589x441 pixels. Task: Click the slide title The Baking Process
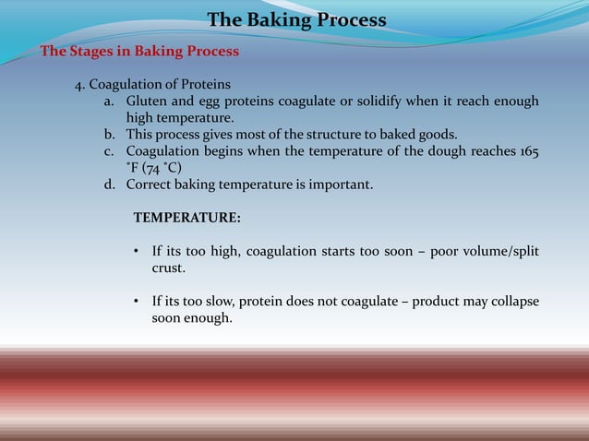click(296, 19)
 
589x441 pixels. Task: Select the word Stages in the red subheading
click(93, 51)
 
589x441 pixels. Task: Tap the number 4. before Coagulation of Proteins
click(80, 84)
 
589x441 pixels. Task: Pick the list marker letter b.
click(108, 134)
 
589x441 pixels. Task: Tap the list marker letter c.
click(108, 150)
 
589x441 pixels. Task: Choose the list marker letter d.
click(108, 185)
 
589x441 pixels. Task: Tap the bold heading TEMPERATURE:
click(187, 219)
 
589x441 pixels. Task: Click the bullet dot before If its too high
click(137, 252)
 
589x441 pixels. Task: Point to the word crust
click(169, 268)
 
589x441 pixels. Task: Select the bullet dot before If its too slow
click(137, 303)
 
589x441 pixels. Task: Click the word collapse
click(512, 303)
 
